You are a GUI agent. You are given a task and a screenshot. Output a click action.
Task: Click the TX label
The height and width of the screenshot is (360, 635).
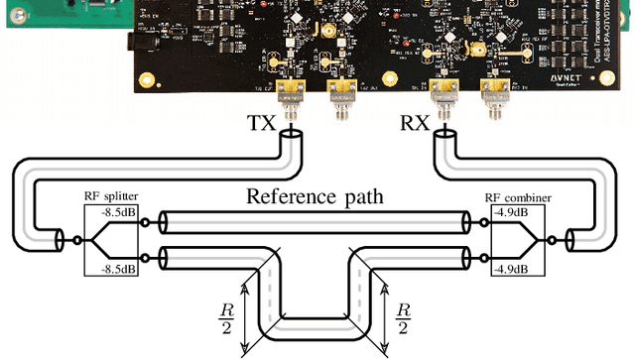(x=262, y=126)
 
